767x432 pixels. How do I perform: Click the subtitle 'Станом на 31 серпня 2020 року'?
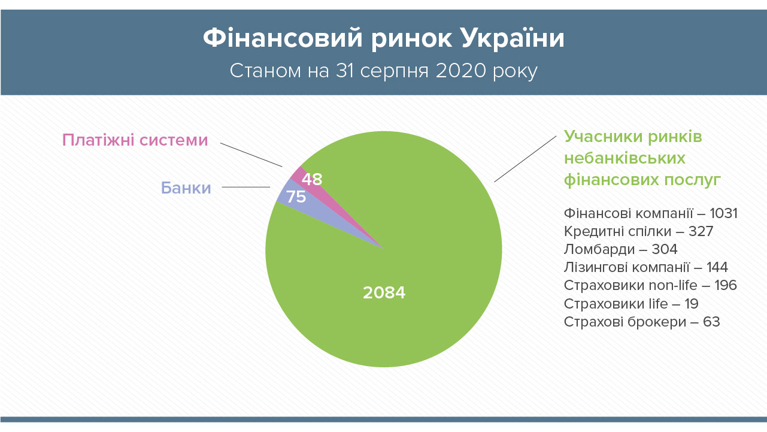[383, 71]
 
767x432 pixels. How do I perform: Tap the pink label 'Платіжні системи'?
[135, 140]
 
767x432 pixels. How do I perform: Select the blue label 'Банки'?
[186, 188]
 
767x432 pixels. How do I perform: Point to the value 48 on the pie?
[312, 179]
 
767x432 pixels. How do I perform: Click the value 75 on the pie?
[296, 197]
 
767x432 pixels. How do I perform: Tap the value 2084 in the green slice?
[384, 292]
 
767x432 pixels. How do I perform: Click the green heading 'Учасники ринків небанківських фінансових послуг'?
[642, 158]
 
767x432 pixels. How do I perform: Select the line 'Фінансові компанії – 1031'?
[650, 213]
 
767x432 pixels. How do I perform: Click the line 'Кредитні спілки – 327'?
[638, 231]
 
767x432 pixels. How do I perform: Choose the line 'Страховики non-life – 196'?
[650, 285]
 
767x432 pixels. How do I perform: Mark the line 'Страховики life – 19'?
[631, 304]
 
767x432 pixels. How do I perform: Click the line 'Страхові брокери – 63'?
[642, 322]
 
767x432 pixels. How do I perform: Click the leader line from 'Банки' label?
[246, 188]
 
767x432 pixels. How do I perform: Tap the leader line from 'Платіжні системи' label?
[251, 155]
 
